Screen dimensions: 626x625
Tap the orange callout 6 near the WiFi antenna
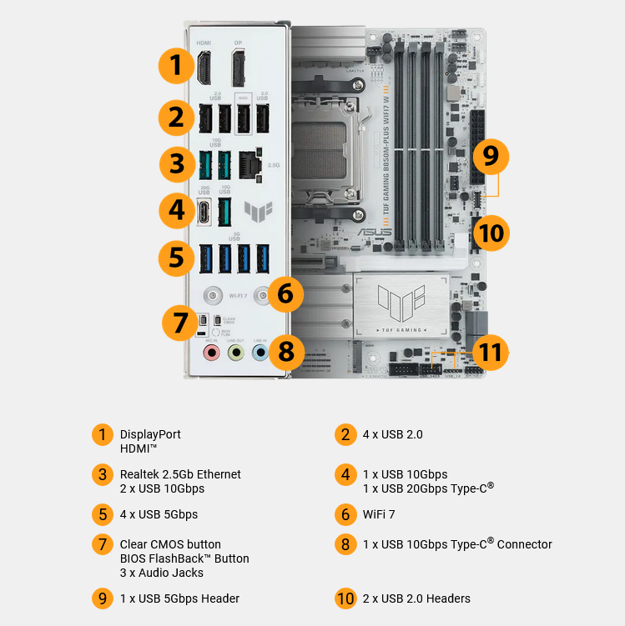(285, 293)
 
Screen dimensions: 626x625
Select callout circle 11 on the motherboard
(491, 353)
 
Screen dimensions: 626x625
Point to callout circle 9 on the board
(491, 156)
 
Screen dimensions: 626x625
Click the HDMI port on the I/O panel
(204, 67)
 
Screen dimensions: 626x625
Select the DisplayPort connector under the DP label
(239, 67)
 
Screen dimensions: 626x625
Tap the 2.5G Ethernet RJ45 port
(249, 165)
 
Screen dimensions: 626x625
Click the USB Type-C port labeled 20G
(204, 211)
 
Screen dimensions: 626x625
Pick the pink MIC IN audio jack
(212, 353)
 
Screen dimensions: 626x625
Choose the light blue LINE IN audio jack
(260, 353)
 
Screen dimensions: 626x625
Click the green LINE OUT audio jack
(236, 353)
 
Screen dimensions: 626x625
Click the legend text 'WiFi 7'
(379, 514)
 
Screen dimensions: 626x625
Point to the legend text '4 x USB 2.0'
(392, 434)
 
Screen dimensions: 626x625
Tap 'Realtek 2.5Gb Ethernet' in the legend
(180, 474)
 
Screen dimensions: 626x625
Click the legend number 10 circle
(345, 598)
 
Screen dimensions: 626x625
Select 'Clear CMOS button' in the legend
(170, 544)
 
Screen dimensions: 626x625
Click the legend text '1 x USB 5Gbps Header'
(179, 598)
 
